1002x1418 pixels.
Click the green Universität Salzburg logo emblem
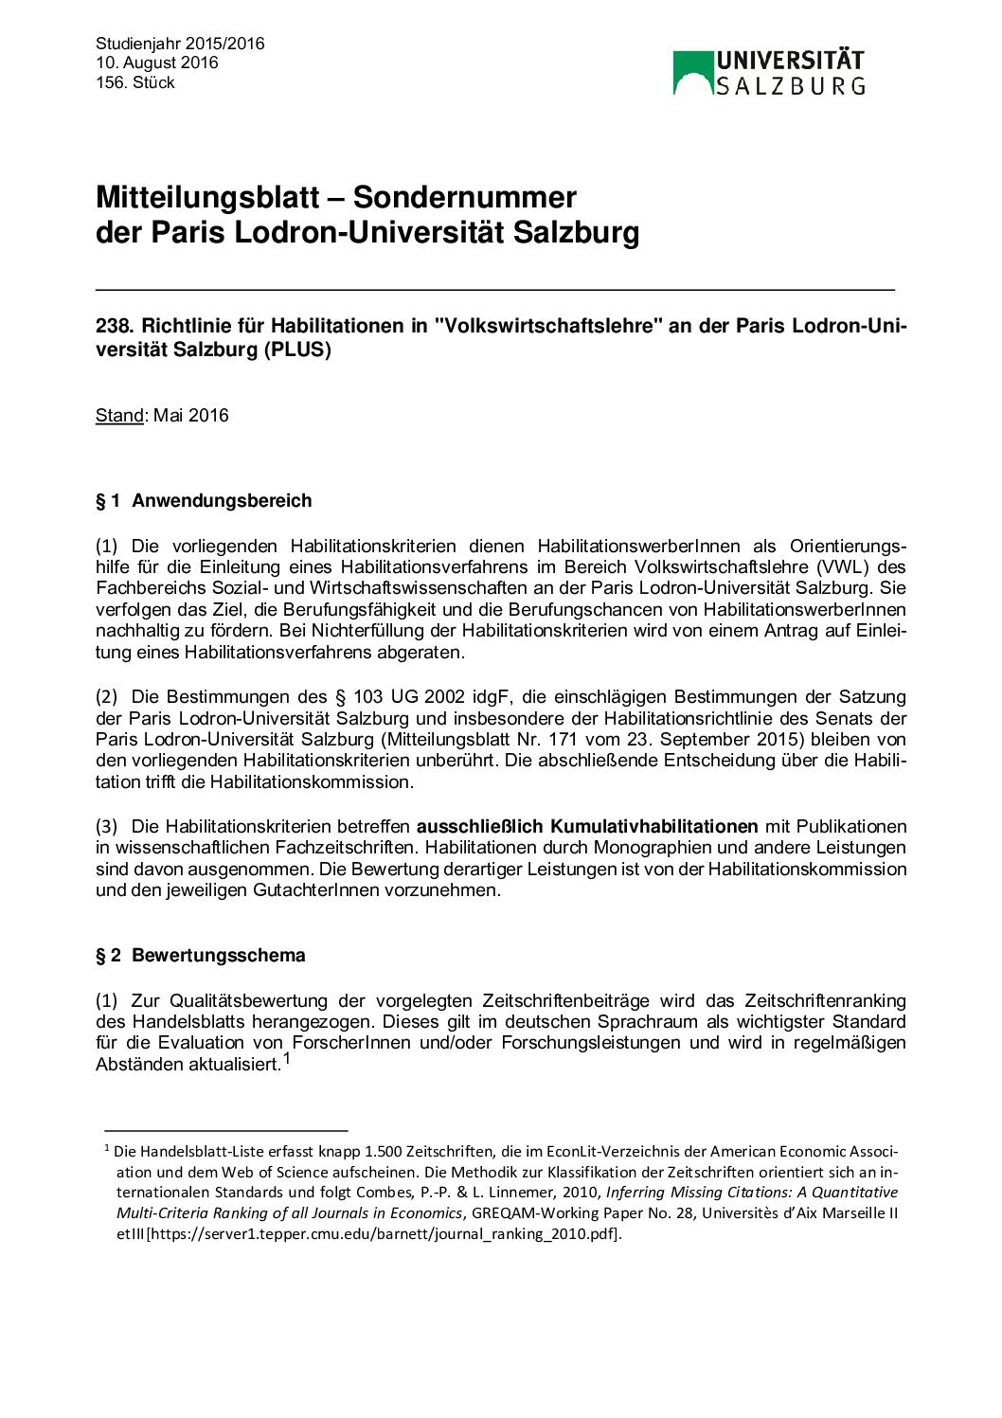click(692, 73)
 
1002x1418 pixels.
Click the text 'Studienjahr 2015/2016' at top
click(180, 44)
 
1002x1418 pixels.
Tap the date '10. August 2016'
click(156, 63)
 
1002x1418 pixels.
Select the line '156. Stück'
click(135, 82)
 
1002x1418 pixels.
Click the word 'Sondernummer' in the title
click(464, 197)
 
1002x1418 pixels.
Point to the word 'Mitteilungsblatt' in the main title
click(207, 197)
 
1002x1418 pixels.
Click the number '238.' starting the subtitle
click(115, 326)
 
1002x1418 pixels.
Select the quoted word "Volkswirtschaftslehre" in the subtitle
click(547, 326)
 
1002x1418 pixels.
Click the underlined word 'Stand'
click(119, 415)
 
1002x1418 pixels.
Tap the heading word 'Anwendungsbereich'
click(222, 500)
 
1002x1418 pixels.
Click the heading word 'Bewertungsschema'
click(219, 955)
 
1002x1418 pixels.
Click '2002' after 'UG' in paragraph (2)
click(444, 697)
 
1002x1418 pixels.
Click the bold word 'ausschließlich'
click(479, 826)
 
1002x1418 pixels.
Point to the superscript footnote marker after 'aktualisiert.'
click(287, 1059)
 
